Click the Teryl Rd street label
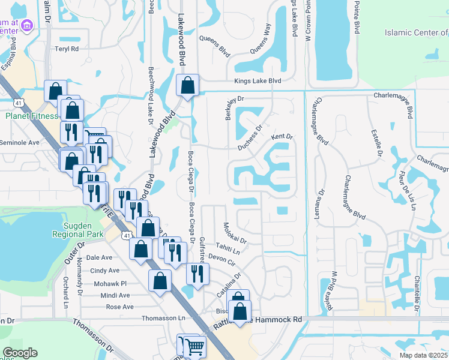coord(67,49)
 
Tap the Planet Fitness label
coord(31,116)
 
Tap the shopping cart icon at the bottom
coord(194,346)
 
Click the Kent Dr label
coord(282,137)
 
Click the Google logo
coord(19,353)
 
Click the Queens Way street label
coord(264,37)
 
